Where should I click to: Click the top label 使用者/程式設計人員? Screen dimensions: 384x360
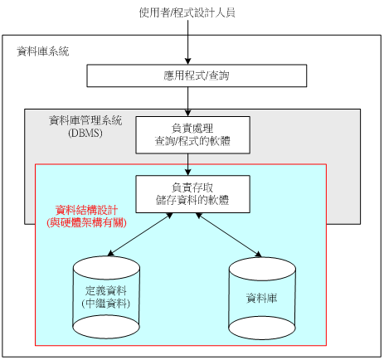[x=187, y=12]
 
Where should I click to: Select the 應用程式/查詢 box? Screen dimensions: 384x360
[x=197, y=75]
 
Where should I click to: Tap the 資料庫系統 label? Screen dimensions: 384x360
[x=43, y=51]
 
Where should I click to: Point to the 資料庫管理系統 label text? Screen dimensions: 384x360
[x=85, y=120]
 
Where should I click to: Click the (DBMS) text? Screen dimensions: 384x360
[x=85, y=133]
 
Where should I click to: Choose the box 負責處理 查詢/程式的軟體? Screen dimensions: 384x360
[x=192, y=135]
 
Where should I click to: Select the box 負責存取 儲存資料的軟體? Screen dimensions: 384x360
[x=192, y=194]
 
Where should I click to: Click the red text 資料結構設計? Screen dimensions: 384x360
[x=86, y=210]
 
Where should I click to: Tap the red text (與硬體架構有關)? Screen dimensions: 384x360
[x=86, y=222]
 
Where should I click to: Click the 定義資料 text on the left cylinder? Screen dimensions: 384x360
[x=106, y=291]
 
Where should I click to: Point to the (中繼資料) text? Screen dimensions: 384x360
[x=106, y=304]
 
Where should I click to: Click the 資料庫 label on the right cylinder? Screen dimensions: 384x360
[x=261, y=298]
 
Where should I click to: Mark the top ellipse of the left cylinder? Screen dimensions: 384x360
[x=106, y=268]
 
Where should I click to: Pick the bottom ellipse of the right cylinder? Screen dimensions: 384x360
[x=262, y=328]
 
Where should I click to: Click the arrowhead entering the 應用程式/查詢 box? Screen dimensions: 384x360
[x=188, y=61]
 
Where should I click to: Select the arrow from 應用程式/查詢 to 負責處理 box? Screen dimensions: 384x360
[x=188, y=102]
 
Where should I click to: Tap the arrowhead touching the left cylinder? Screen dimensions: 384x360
[x=110, y=253]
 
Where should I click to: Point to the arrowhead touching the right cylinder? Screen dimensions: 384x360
[x=258, y=254]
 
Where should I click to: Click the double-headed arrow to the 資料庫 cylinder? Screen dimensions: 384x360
[x=228, y=235]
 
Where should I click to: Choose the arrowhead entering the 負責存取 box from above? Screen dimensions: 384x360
[x=188, y=172]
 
